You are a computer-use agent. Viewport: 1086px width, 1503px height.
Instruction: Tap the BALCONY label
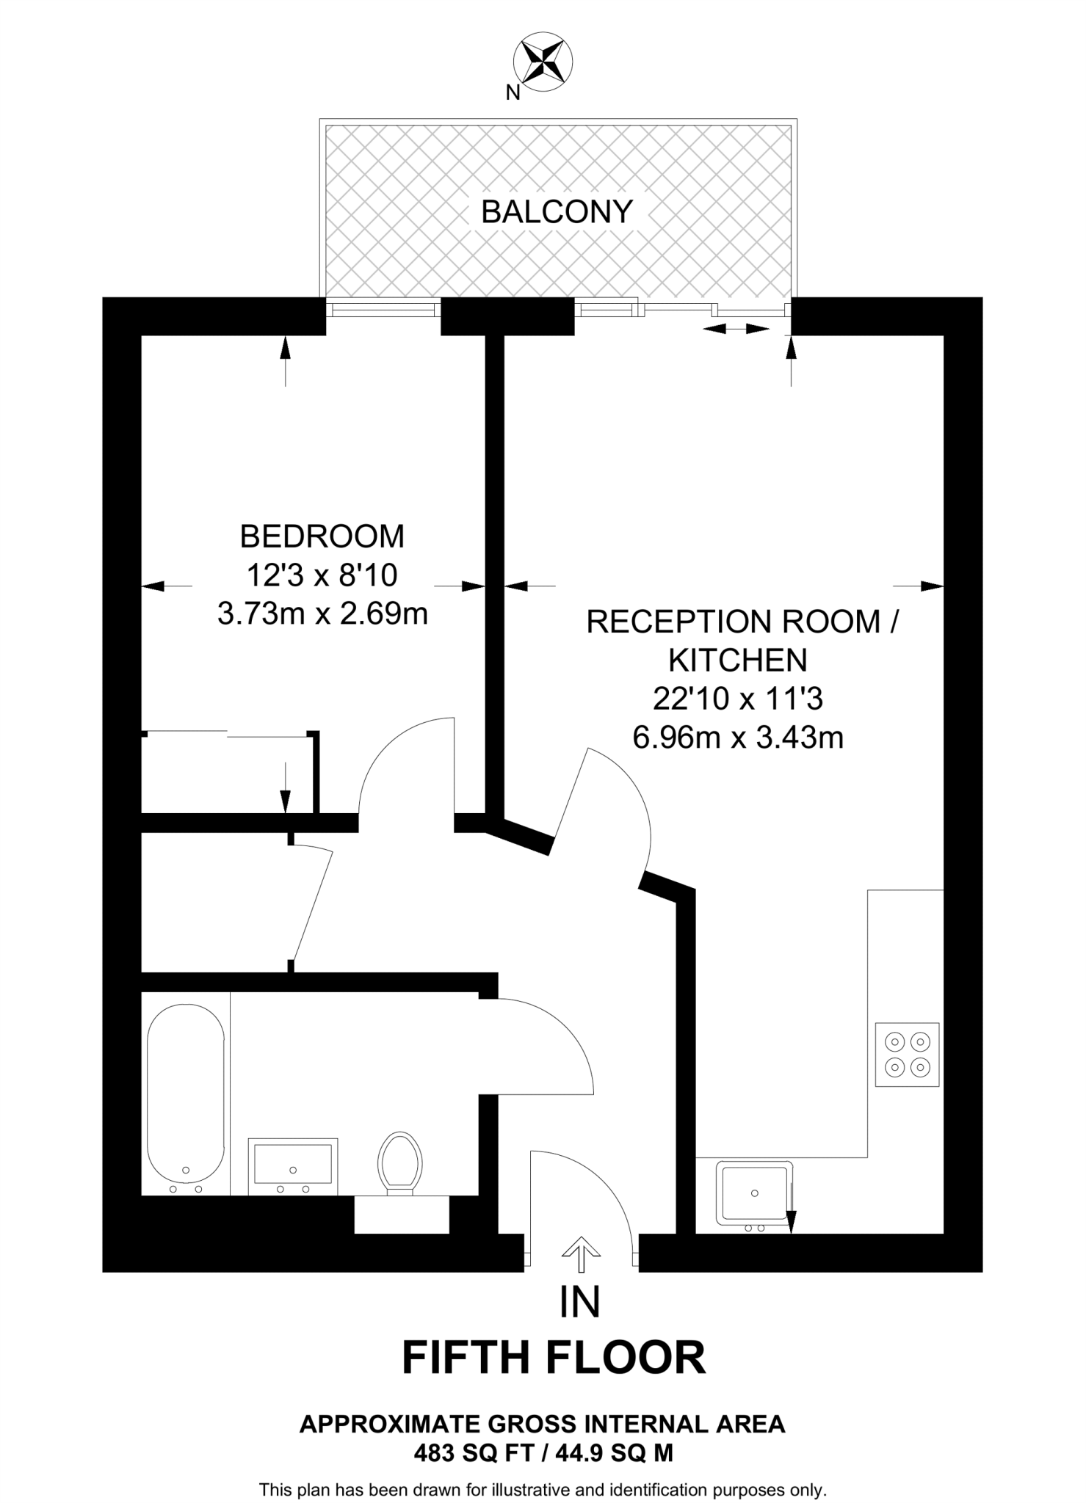557,212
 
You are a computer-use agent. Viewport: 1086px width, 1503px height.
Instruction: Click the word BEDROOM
322,536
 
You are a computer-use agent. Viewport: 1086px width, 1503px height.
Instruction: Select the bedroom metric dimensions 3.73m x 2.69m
322,613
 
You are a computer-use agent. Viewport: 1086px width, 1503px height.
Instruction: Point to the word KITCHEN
737,660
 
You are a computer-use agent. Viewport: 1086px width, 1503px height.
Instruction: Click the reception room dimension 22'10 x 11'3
737,699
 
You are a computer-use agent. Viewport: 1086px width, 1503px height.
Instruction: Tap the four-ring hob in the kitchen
908,1054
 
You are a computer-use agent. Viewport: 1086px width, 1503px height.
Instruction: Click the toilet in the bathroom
400,1165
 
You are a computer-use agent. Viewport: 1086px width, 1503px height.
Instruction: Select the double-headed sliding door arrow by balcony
736,330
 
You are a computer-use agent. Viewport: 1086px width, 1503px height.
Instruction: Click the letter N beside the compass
513,93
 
